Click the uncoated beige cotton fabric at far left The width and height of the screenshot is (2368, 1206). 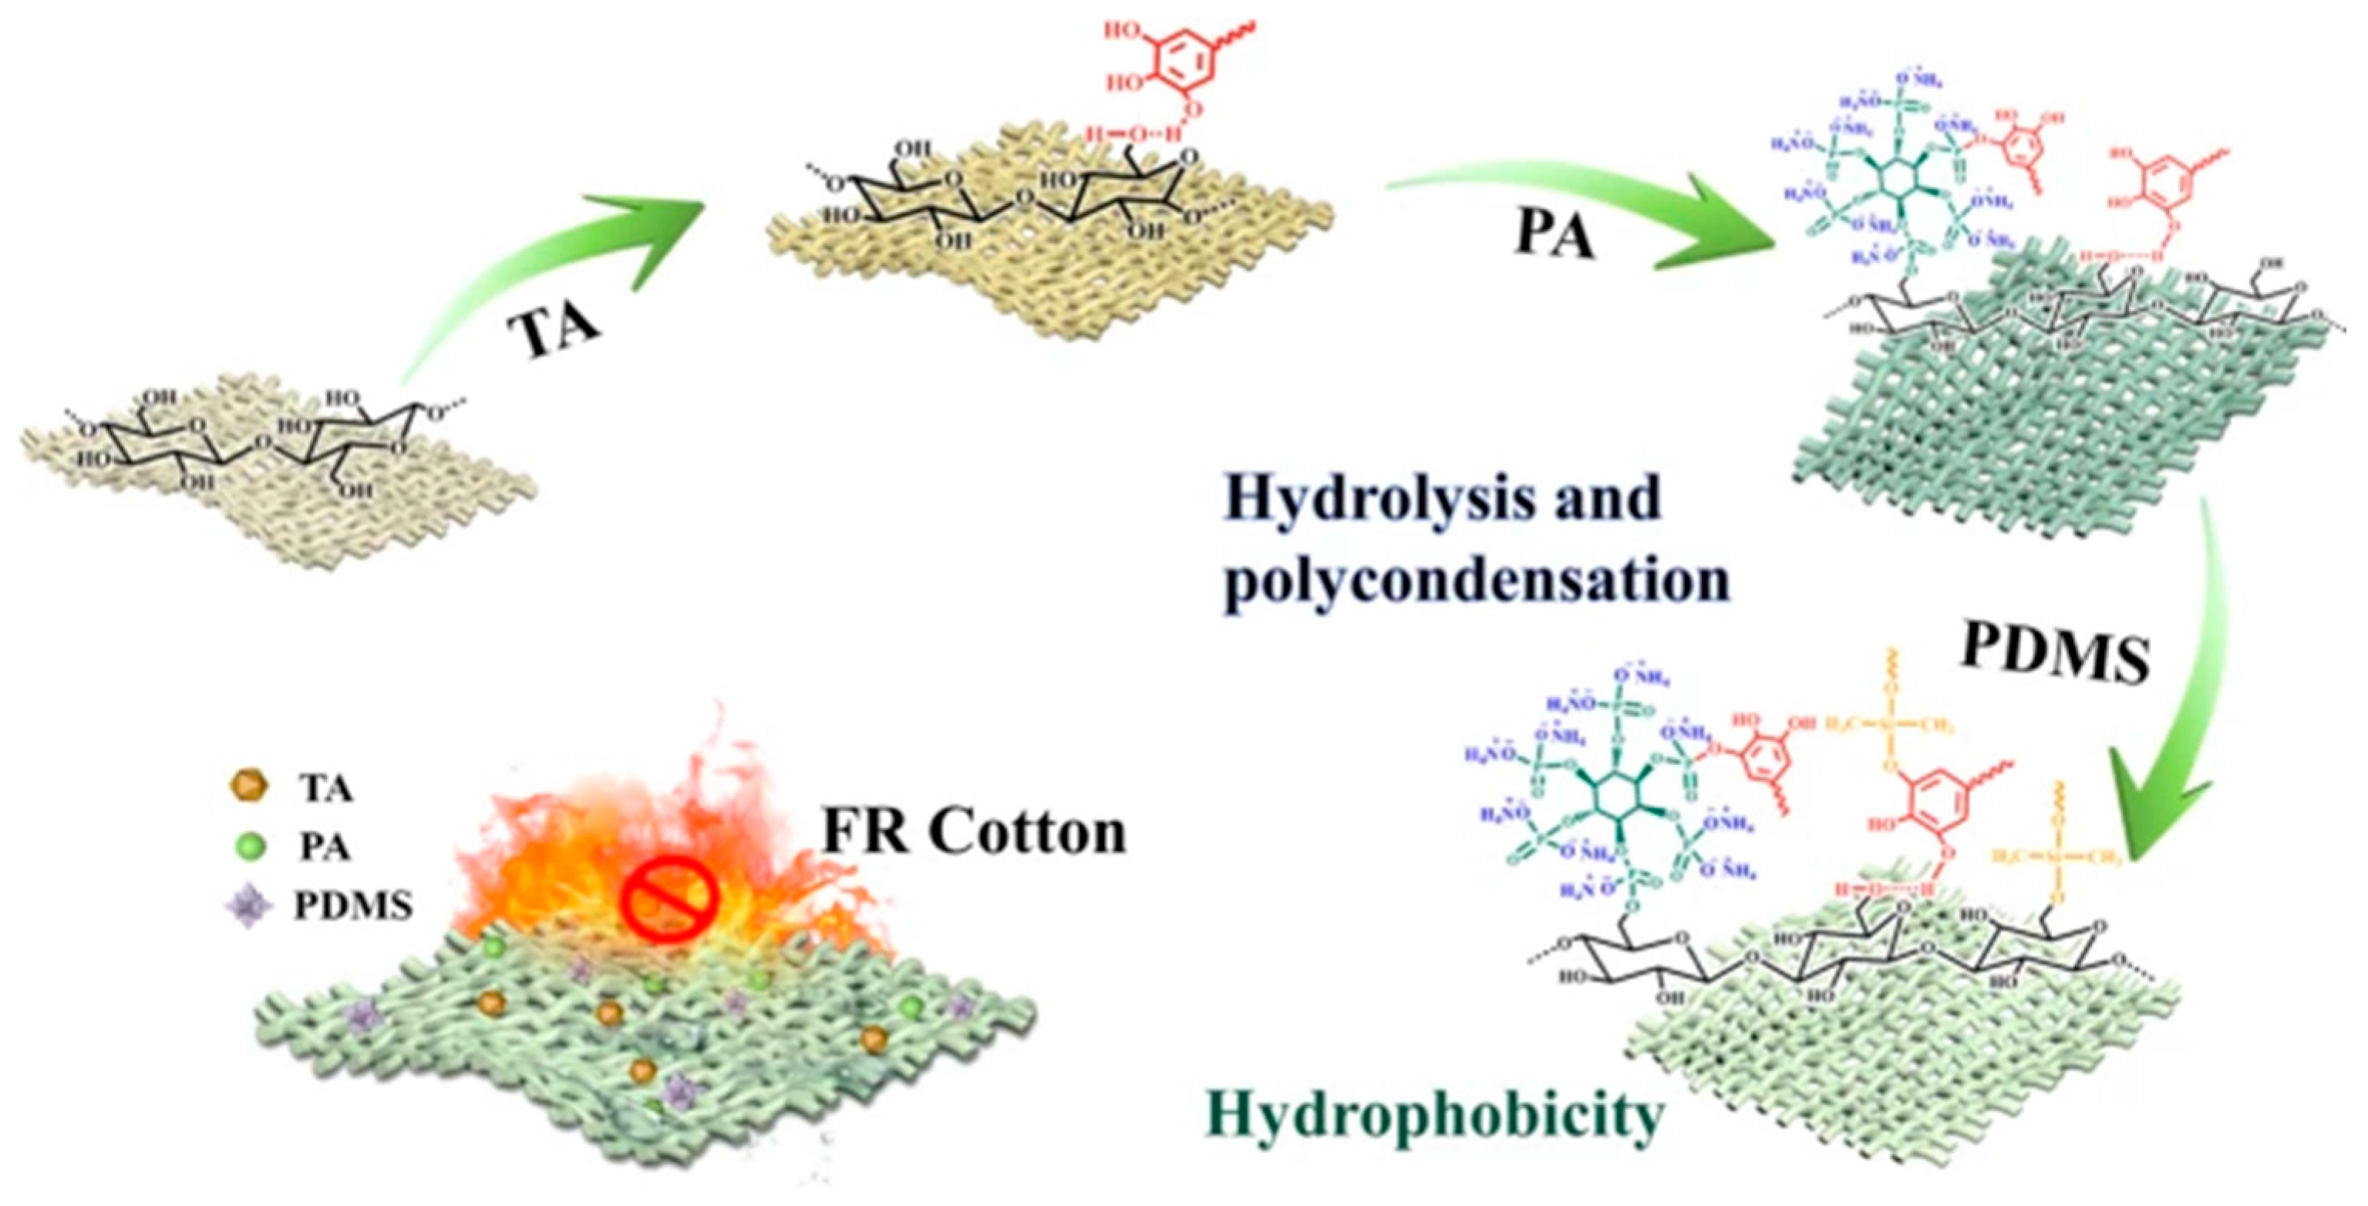pos(276,478)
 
